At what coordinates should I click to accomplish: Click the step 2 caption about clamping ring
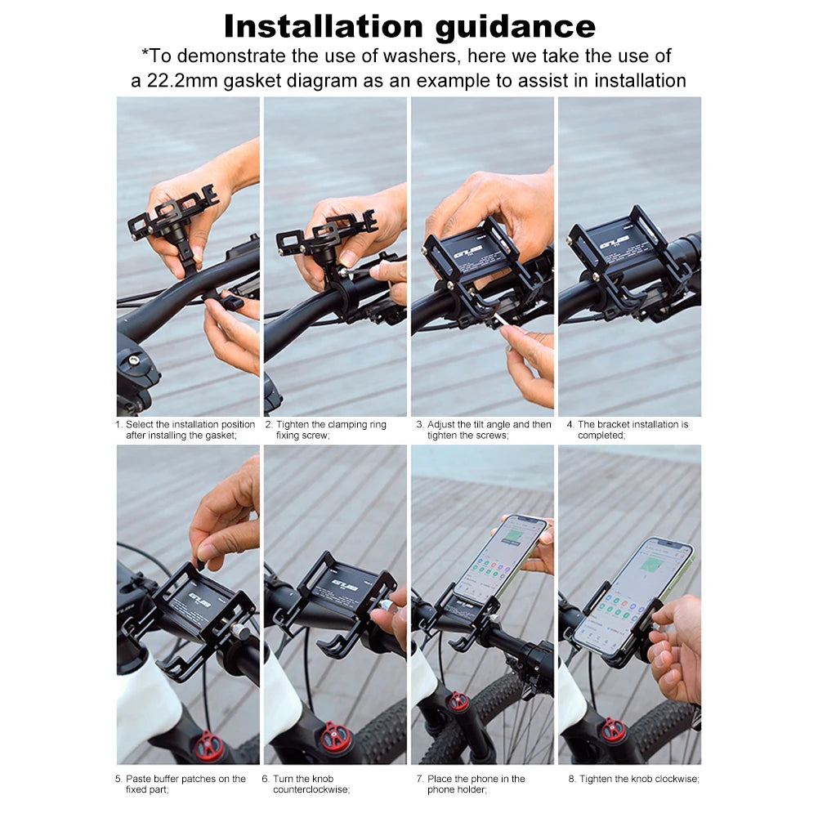325,430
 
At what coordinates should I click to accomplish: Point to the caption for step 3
483,430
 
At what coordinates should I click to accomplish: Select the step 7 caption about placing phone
476,784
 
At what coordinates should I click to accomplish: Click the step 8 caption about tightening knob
633,779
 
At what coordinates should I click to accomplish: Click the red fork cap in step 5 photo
210,744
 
